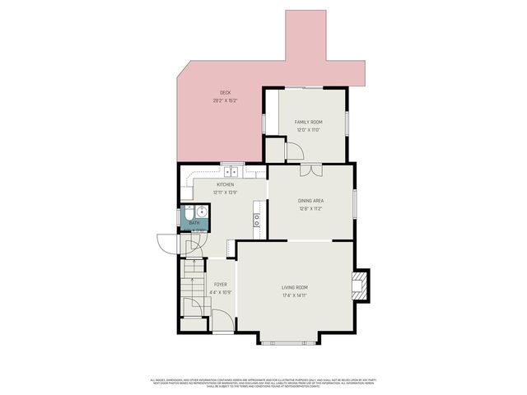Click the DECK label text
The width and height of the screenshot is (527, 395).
225,92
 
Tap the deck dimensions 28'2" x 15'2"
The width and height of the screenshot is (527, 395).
225,100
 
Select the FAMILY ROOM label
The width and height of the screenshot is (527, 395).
308,122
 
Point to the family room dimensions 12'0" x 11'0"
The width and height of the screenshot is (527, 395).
308,130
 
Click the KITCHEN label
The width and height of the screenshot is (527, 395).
226,184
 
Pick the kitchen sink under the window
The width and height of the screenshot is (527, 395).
234,172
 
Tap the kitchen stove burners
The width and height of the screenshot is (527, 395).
257,220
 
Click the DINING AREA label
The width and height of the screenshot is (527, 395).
310,201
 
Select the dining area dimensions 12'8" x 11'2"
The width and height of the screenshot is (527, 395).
310,209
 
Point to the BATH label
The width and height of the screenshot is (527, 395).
194,223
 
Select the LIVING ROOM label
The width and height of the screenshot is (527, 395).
296,287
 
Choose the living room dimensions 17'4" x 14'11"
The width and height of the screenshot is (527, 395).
296,295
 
